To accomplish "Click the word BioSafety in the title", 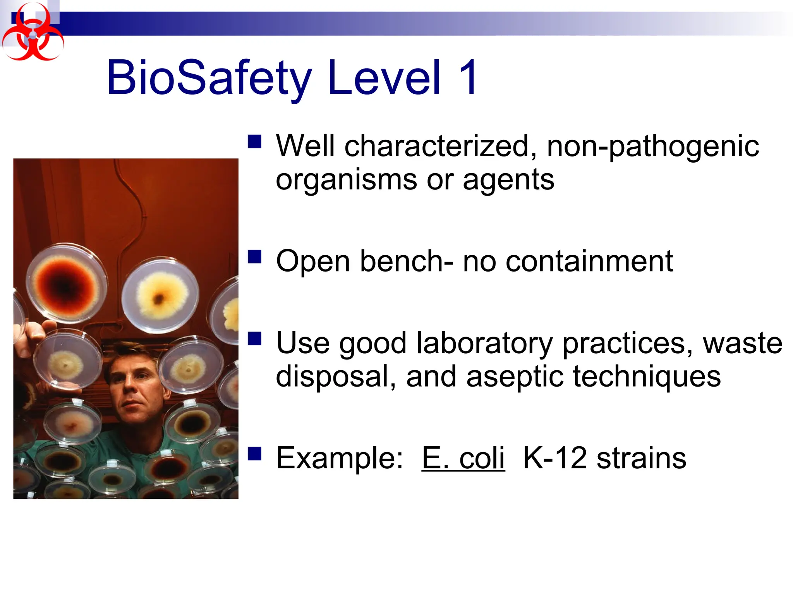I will (209, 77).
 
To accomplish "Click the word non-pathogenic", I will (652, 146).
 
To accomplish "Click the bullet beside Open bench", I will (255, 257).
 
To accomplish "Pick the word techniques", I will (646, 377).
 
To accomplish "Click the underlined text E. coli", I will (463, 458).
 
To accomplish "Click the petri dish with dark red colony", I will (67, 285).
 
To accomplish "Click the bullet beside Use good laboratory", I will (255, 339).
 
